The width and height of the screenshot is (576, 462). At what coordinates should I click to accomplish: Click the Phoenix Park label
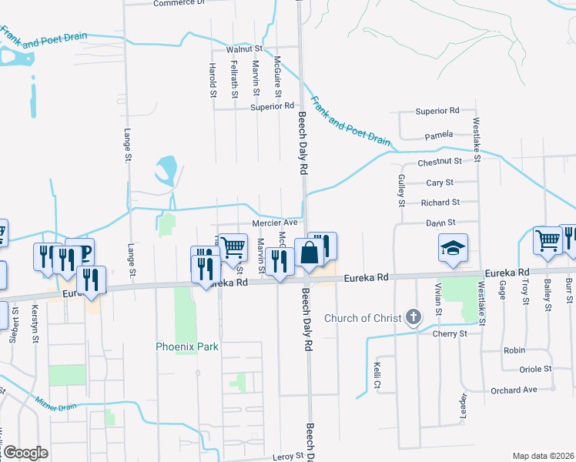click(x=187, y=346)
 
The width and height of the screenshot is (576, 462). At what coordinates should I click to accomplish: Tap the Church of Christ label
click(x=363, y=318)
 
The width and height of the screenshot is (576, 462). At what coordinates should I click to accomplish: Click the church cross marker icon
click(x=414, y=316)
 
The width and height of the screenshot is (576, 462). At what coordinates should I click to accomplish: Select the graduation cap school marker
click(x=453, y=248)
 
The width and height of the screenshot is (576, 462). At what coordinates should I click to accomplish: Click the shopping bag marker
click(x=308, y=253)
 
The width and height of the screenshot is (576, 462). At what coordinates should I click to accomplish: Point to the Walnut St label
click(x=245, y=49)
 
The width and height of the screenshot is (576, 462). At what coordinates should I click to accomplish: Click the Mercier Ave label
click(x=275, y=223)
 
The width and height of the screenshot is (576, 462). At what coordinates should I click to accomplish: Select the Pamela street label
click(x=438, y=136)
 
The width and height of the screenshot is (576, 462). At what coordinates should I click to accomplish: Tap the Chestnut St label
click(x=439, y=162)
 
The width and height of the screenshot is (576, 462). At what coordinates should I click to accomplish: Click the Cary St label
click(x=440, y=182)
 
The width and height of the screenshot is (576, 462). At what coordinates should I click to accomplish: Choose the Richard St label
click(x=440, y=203)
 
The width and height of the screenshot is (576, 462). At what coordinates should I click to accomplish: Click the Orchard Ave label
click(x=515, y=390)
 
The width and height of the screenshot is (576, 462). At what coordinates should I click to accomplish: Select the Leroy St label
click(x=288, y=457)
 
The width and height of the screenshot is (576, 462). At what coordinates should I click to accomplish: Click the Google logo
click(x=25, y=453)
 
